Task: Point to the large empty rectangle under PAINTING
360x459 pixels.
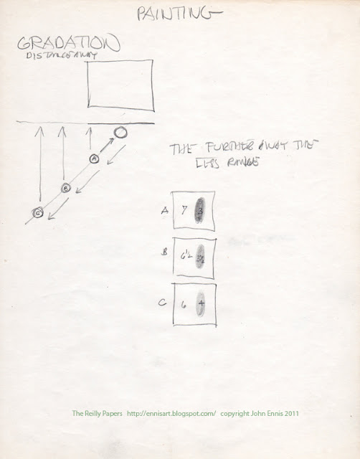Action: pos(120,85)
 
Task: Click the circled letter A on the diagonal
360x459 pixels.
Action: pos(93,158)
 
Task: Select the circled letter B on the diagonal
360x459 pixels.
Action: pos(65,187)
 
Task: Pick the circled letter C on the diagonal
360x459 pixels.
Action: pos(38,212)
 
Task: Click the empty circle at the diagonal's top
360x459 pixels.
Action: pos(121,131)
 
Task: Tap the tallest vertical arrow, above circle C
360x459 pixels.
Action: pos(39,165)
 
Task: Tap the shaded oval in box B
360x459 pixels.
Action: pos(202,256)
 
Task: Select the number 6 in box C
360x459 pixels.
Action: pos(184,304)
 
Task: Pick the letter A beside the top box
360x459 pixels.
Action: pos(165,210)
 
